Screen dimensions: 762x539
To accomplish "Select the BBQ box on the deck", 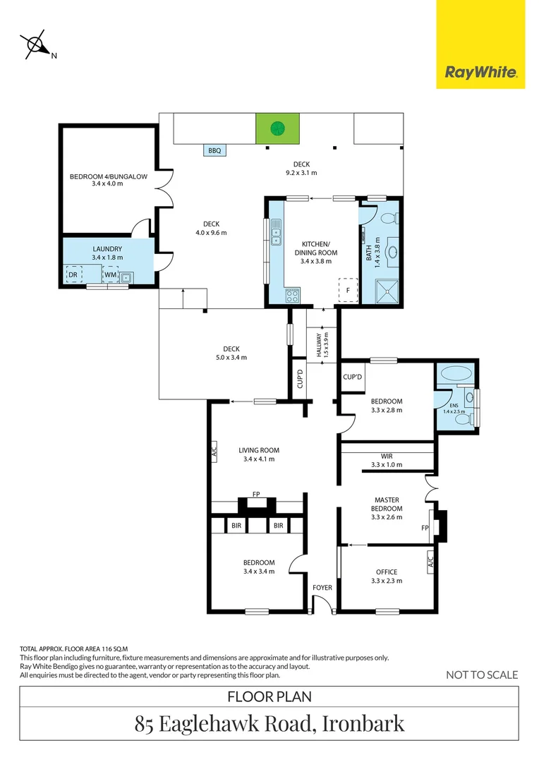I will (x=215, y=150).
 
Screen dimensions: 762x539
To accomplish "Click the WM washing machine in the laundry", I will (x=110, y=274).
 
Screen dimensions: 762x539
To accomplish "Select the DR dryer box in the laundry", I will (x=73, y=274).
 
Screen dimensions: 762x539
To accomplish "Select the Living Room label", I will (x=258, y=454).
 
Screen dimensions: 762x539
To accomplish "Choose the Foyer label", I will (x=322, y=586).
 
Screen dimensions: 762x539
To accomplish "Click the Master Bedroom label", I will (x=387, y=508).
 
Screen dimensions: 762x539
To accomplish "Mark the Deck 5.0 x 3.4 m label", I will (x=231, y=353).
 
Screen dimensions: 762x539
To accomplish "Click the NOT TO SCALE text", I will (x=482, y=675).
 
